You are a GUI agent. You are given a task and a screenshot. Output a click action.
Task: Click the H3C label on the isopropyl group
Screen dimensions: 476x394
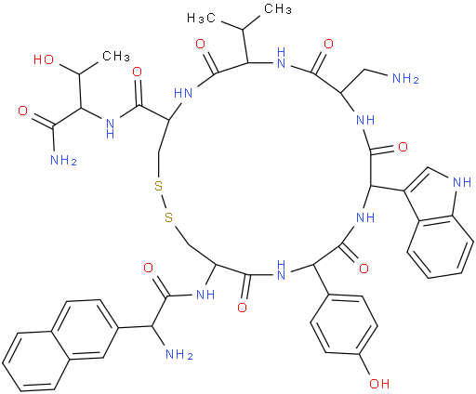(x=201, y=19)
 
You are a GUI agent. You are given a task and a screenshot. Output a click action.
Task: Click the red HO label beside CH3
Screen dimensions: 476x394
(x=44, y=59)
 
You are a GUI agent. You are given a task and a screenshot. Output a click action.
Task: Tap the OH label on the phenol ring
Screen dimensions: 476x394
(x=379, y=384)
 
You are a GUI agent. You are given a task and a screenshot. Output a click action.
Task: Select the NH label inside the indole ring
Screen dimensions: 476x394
(x=462, y=182)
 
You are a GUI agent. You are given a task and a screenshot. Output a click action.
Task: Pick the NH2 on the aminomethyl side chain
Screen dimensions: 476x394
(x=405, y=78)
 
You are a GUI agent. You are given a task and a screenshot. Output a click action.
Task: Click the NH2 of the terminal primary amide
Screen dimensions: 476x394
(x=63, y=160)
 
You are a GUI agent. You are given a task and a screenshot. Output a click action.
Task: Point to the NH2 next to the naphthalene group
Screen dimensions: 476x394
(x=179, y=354)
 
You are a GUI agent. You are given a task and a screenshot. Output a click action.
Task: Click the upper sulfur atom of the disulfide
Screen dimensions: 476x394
(x=158, y=187)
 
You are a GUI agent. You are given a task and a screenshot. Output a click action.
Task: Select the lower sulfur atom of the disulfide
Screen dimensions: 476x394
(x=168, y=217)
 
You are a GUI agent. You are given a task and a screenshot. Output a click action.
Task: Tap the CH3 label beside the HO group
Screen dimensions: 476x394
(x=116, y=56)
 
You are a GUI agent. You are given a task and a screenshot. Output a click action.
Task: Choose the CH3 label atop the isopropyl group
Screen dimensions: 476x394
(x=278, y=8)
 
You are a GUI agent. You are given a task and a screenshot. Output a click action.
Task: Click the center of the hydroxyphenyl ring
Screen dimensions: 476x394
(x=344, y=324)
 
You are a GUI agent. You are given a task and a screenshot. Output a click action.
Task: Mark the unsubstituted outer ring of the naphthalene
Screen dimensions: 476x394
(x=35, y=361)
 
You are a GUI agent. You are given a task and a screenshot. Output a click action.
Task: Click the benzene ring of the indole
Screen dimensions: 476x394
(x=441, y=246)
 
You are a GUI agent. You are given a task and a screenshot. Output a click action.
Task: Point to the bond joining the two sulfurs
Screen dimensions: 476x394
(x=164, y=202)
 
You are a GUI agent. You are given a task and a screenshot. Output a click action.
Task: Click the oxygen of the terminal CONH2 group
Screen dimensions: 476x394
(x=23, y=111)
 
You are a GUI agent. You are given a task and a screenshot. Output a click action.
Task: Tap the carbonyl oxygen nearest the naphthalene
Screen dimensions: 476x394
(x=149, y=268)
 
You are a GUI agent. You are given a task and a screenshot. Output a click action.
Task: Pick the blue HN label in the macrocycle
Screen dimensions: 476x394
(x=183, y=93)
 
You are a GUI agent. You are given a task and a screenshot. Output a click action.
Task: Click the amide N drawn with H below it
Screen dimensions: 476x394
(x=110, y=128)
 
